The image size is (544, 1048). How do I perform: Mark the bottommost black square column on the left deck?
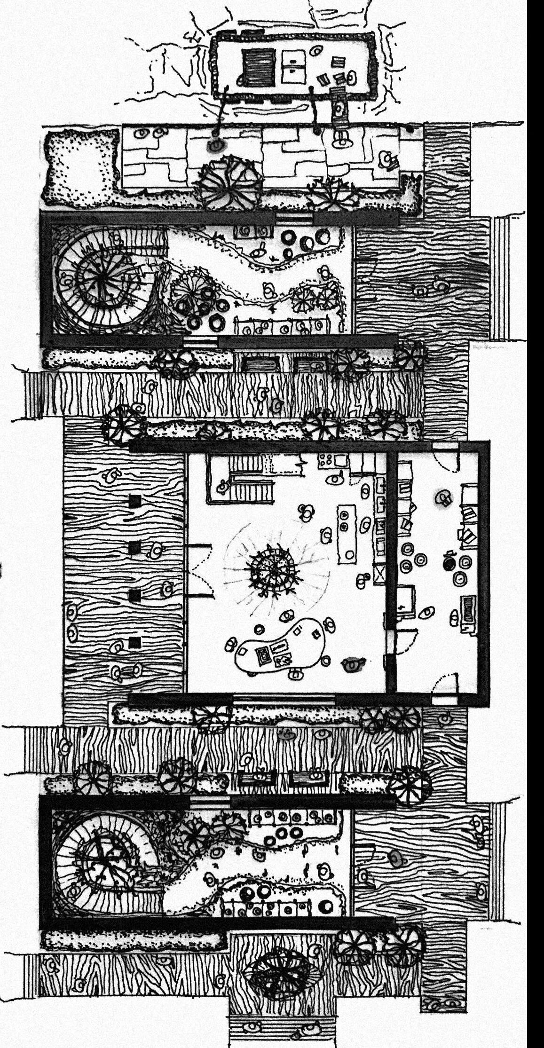135,642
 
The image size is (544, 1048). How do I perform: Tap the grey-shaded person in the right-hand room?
442,498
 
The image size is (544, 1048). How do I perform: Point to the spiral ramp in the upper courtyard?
101,280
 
